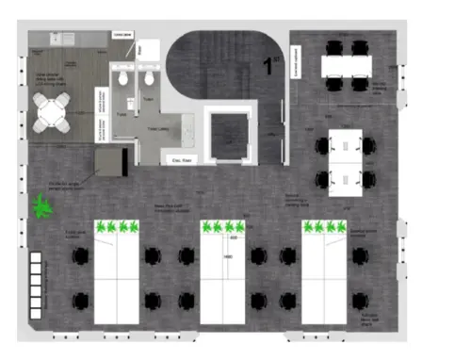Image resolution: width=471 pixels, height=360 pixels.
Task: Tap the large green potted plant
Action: point(41,206)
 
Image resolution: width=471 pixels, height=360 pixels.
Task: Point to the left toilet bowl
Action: point(123,80)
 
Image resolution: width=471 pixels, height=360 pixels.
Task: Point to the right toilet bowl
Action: point(149,80)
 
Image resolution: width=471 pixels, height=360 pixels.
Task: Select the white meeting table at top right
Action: point(346,66)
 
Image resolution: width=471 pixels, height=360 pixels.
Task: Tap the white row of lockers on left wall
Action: point(38,284)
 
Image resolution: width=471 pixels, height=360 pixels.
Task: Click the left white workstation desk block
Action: point(118,278)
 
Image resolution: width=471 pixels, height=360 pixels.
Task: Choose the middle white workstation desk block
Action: point(223,278)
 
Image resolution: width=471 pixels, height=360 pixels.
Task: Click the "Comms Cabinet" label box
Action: point(123,35)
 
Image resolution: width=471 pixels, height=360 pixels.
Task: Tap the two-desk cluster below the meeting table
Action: point(345,161)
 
